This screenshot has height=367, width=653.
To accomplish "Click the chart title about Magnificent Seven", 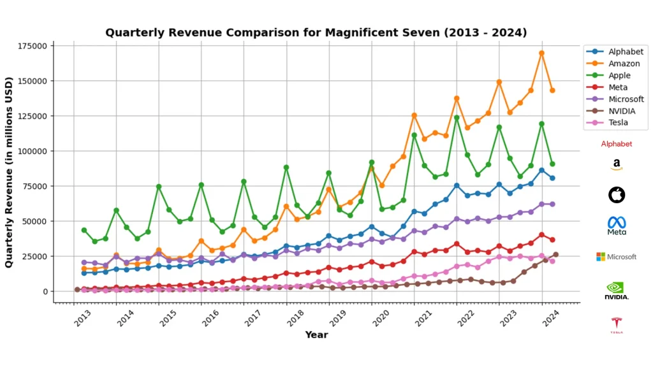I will pos(316,32).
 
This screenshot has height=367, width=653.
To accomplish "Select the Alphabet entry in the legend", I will pos(625,52).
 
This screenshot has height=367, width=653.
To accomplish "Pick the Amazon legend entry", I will pos(624,64).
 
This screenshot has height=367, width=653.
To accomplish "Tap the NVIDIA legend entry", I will pos(622,111).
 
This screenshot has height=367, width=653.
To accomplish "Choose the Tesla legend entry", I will pos(618,122).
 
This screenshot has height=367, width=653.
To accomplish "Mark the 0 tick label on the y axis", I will pos(45,291).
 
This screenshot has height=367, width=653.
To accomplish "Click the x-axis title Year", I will pos(316,335).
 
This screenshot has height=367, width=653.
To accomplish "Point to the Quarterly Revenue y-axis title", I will pos(10,169).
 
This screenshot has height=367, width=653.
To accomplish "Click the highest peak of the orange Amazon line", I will pos(541,54).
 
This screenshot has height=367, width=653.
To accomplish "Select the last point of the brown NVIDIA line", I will pos(555,255).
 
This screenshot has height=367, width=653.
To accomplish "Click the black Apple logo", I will pos(616,194).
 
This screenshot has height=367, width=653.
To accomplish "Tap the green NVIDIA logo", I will pos(616,290).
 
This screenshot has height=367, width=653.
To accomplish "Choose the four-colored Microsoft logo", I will pos(616,257).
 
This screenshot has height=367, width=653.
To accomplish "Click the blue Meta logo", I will pos(616,225).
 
